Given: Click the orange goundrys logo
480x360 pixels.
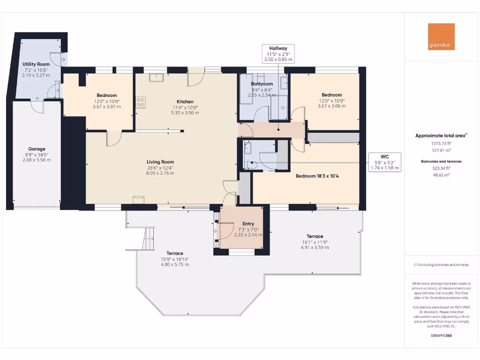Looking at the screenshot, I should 441,37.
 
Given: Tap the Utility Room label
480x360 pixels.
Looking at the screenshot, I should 36,64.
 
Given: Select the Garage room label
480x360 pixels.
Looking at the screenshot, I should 37,149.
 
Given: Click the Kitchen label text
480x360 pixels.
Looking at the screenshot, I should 185,102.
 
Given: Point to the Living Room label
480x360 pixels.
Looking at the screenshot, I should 160,162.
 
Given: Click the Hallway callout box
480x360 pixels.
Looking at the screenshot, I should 278,54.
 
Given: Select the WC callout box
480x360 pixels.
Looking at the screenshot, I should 384,162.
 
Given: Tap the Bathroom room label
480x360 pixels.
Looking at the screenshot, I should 262,84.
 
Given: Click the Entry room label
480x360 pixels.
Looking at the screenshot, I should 248,224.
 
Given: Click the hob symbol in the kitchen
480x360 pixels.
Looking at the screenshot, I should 140,102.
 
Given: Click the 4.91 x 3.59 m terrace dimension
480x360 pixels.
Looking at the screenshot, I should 315,247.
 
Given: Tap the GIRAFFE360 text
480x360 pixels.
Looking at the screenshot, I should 441,335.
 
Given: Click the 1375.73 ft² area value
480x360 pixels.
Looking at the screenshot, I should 441,143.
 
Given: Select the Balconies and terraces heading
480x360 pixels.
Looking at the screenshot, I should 441,161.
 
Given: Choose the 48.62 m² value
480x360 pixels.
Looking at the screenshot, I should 441,174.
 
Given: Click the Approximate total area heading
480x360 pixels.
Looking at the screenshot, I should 441,135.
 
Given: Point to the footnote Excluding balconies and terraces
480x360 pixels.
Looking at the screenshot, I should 441,265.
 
